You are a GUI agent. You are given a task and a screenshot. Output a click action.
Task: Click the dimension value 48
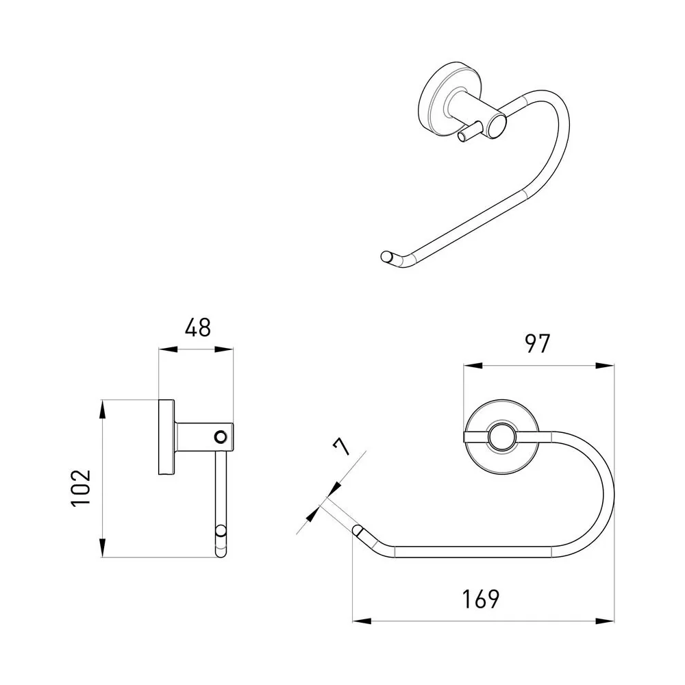[x=197, y=327]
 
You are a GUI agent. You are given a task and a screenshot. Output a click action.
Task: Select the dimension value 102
[x=81, y=488]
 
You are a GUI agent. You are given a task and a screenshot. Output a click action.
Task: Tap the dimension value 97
[x=537, y=344]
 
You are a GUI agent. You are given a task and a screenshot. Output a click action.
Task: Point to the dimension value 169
[x=481, y=599]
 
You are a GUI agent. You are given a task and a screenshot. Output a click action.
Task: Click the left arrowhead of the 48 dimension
[x=169, y=349]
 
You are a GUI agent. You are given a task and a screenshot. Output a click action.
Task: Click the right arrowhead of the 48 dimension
[x=224, y=349]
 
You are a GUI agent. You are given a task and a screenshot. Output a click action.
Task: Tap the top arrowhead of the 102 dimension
[x=102, y=410]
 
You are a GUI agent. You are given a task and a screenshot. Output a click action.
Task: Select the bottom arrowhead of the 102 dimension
[x=102, y=547]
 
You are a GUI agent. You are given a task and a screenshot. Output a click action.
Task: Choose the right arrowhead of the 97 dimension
[x=605, y=366]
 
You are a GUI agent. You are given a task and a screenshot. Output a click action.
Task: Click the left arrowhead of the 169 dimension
[x=362, y=621]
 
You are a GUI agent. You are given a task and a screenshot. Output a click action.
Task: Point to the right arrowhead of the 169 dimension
[x=605, y=621]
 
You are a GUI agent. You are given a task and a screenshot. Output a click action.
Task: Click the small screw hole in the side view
[x=221, y=436]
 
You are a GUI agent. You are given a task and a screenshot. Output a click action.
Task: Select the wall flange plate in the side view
[x=166, y=437]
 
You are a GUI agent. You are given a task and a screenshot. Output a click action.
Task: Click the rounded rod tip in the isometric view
[x=386, y=256]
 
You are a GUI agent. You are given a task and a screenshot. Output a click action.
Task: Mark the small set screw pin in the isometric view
[x=469, y=133]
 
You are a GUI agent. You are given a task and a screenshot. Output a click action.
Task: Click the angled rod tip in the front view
[x=358, y=531]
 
